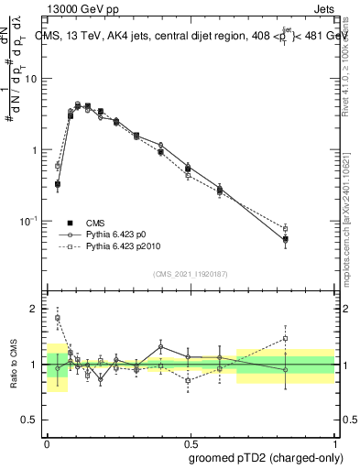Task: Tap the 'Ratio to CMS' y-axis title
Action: [13, 365]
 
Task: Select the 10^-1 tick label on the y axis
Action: [28, 221]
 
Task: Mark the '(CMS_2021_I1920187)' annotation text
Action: [191, 274]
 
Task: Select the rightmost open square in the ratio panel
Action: [286, 338]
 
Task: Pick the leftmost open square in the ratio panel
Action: [58, 318]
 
